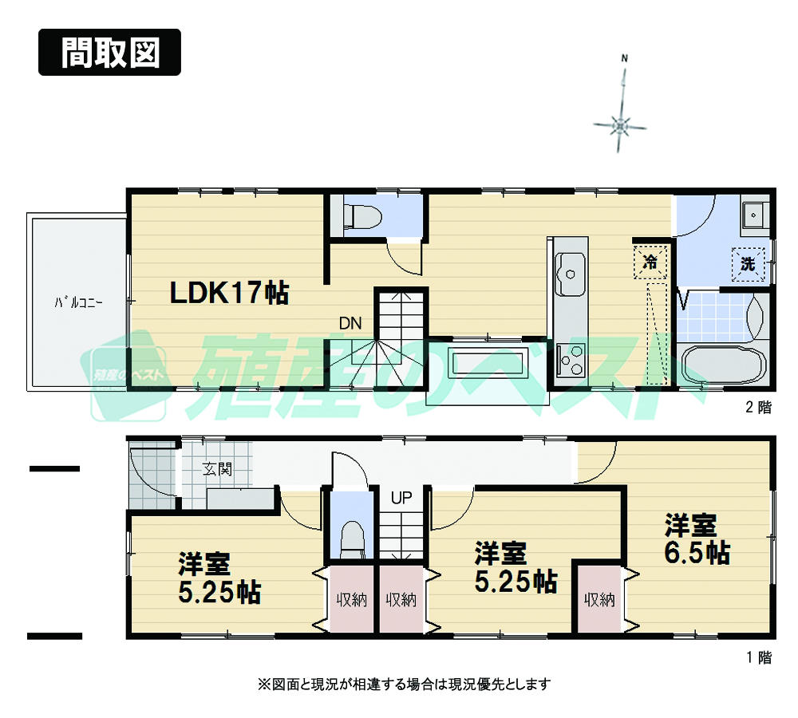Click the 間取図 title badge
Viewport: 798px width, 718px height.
110,53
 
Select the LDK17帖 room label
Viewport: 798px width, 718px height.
228,294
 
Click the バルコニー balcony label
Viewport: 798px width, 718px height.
77,302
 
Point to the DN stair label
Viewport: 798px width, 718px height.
350,323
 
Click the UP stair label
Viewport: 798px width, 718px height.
401,499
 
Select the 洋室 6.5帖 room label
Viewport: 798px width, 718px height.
697,539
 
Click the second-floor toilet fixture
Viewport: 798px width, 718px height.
361,215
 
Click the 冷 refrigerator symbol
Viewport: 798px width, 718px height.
650,262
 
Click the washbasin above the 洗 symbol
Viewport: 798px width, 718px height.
753,215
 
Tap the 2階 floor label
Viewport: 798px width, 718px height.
758,408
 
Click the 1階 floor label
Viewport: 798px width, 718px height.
758,658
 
